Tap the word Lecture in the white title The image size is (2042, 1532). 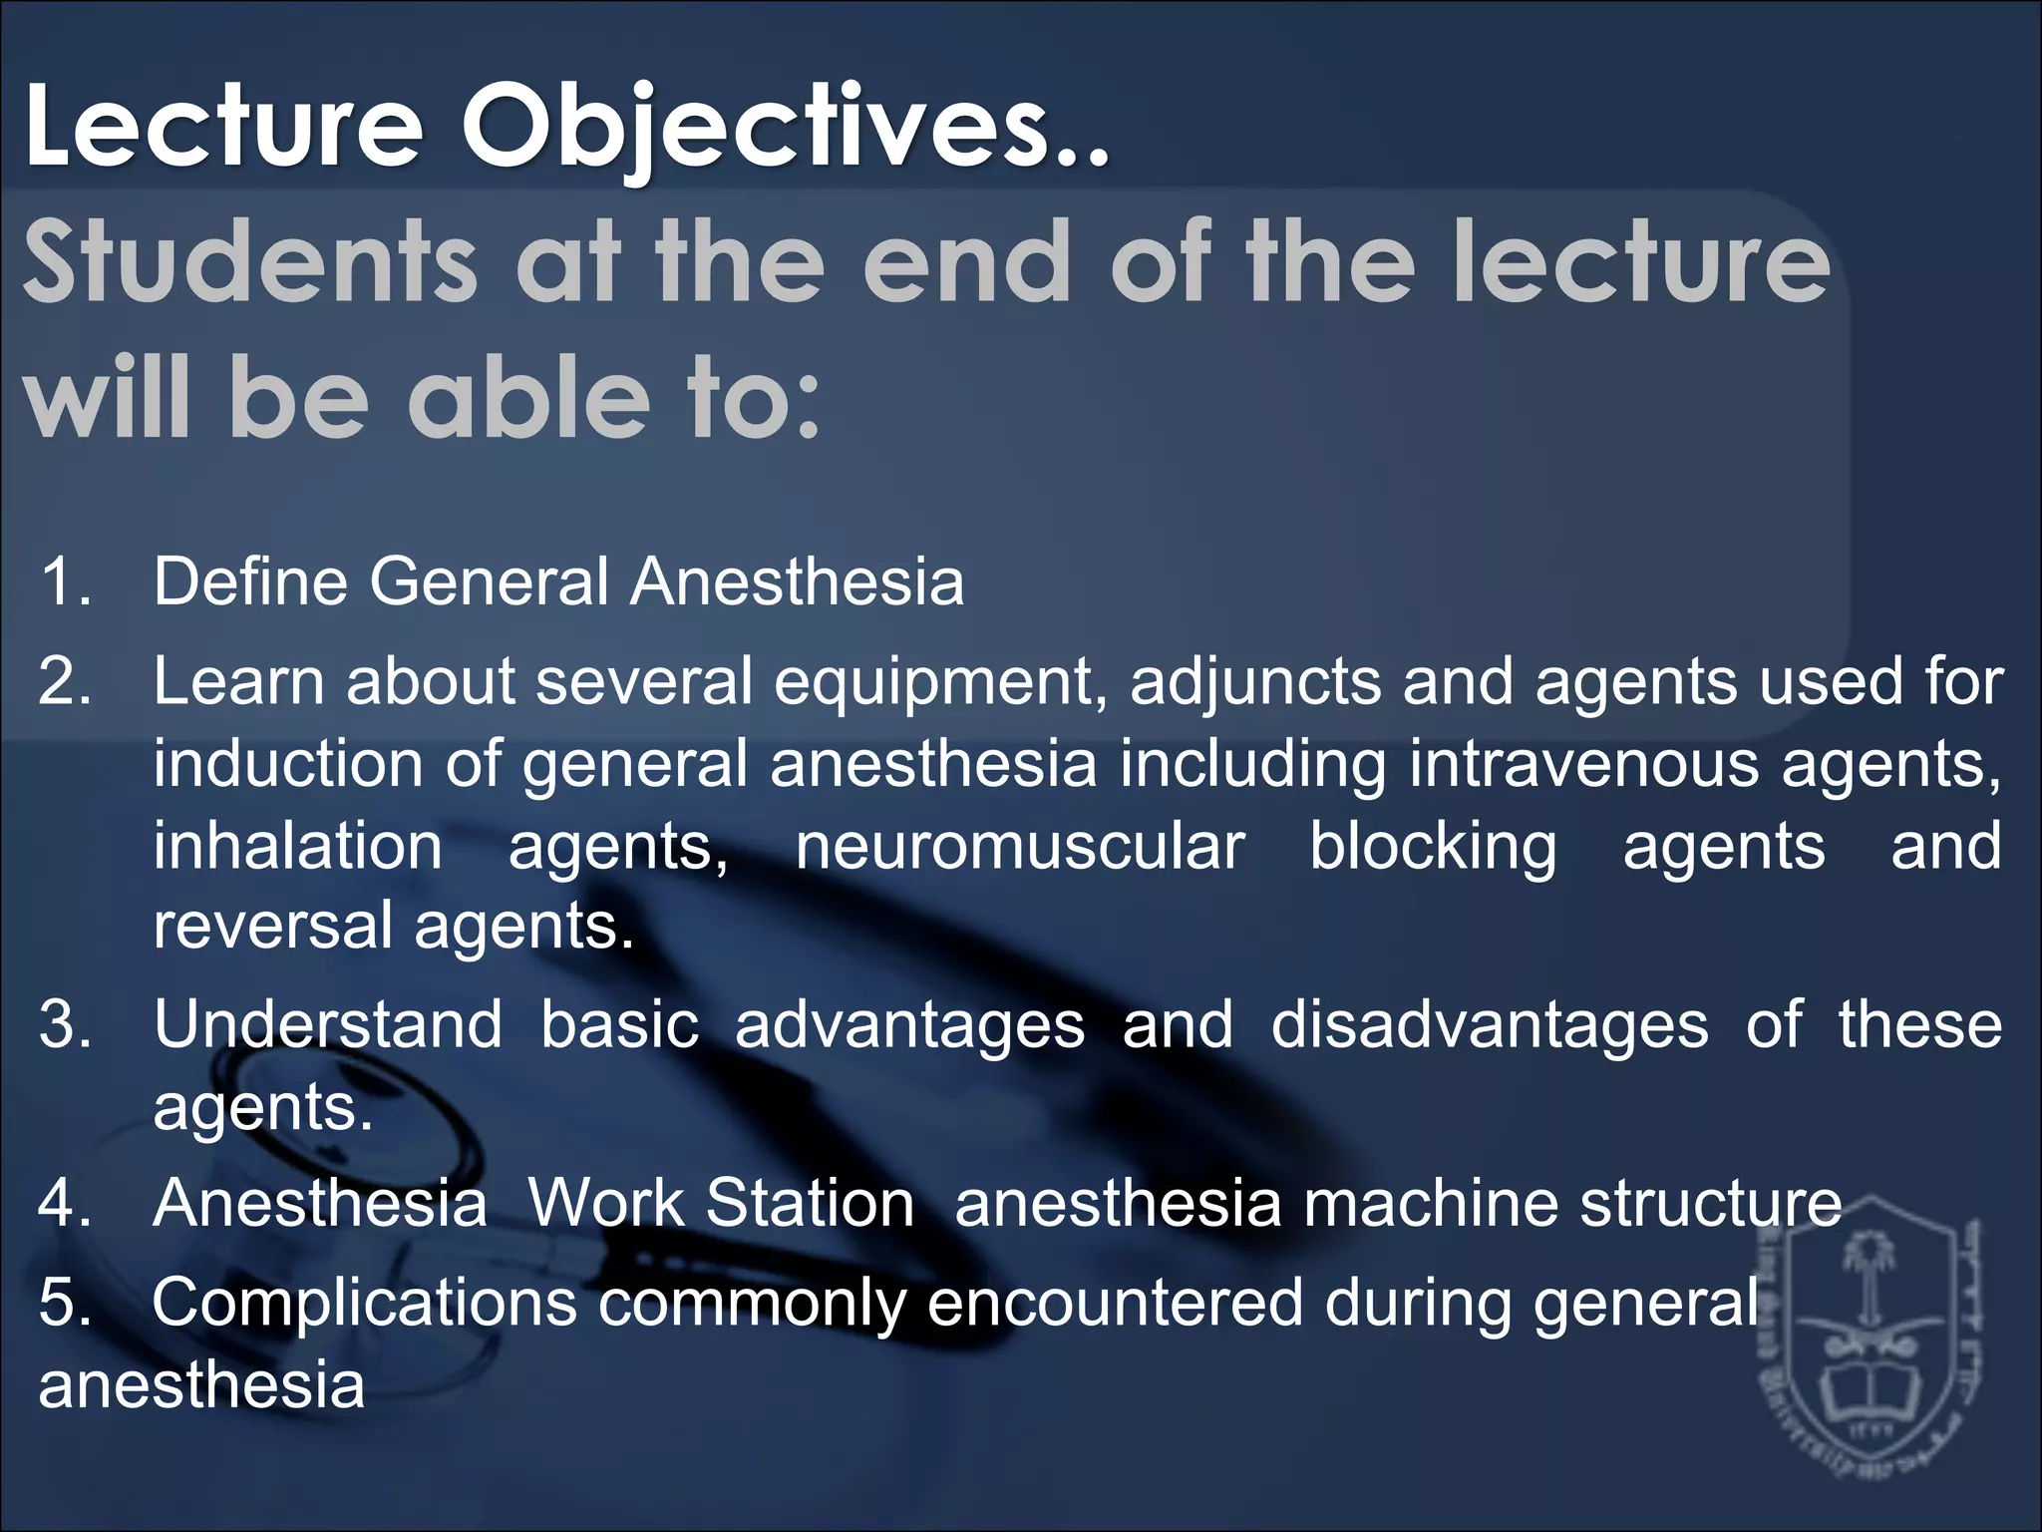point(224,128)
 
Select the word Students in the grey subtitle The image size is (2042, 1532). point(249,263)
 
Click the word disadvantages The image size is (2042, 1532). point(1489,1025)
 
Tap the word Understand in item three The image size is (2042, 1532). point(328,1025)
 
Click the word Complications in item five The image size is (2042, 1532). point(364,1303)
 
